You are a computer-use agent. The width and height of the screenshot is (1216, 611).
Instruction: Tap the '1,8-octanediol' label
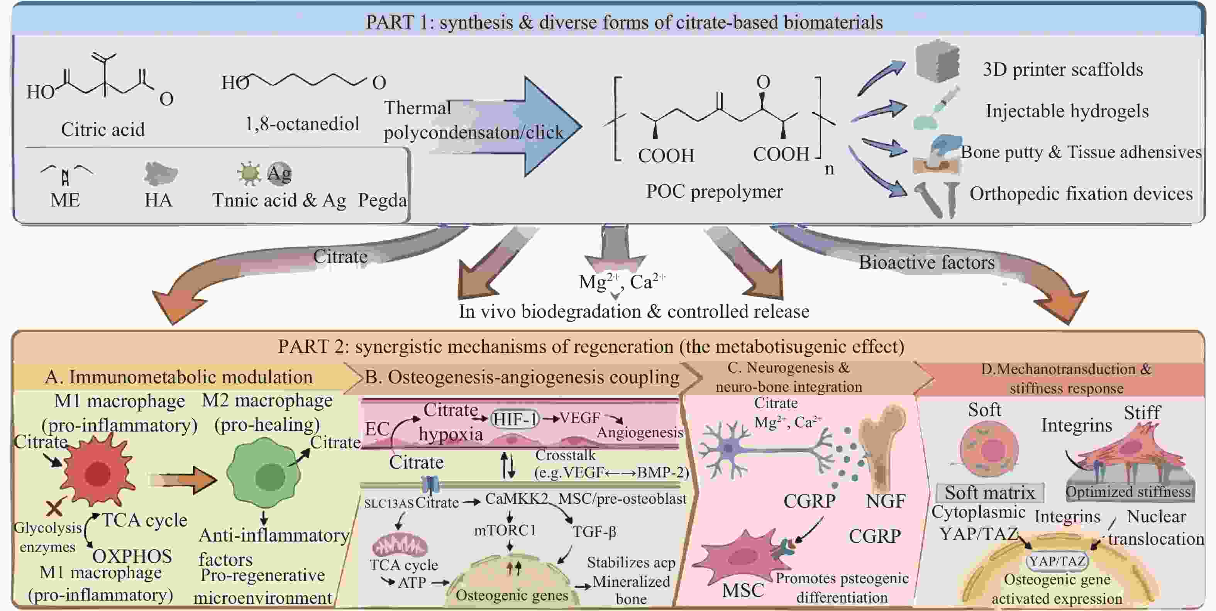click(302, 124)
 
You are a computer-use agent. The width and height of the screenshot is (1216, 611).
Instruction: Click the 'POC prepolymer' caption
click(714, 191)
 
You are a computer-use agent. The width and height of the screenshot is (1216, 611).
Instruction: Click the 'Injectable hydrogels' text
click(1067, 111)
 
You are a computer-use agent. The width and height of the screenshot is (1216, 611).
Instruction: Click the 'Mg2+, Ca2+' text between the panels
click(622, 282)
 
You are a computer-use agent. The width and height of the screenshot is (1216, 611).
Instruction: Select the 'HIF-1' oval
click(515, 418)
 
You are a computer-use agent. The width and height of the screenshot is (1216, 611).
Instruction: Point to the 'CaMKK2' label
click(517, 499)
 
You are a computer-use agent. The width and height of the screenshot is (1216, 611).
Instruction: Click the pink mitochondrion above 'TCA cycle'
click(400, 545)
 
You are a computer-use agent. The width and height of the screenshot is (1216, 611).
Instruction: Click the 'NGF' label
click(885, 501)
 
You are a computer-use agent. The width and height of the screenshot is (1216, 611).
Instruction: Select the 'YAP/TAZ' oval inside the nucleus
click(1057, 561)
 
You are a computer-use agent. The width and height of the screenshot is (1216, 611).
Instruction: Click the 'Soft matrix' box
click(989, 493)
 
